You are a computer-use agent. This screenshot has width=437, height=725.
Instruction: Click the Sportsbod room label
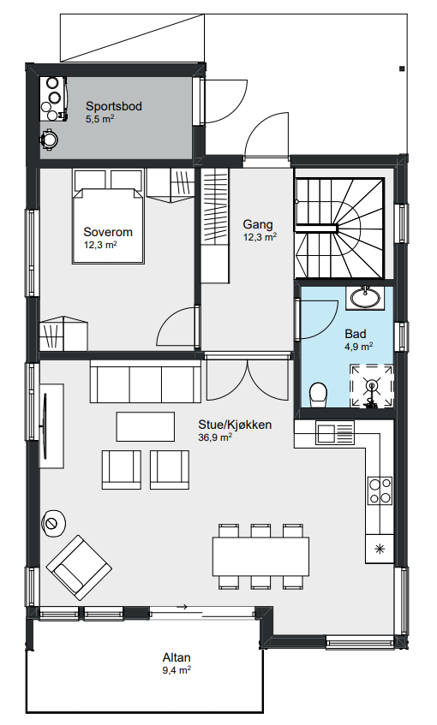pyautogui.click(x=113, y=106)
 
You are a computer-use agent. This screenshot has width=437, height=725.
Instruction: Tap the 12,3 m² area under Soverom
pyautogui.click(x=99, y=244)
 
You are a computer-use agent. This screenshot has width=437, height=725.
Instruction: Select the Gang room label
pyautogui.click(x=258, y=224)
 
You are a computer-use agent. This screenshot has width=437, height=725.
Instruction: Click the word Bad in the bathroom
pyautogui.click(x=356, y=334)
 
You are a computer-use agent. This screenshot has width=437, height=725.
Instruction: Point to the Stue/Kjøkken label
pyautogui.click(x=235, y=425)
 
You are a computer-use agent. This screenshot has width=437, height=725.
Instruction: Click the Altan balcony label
pyautogui.click(x=177, y=657)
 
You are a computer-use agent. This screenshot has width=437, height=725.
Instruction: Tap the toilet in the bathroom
pyautogui.click(x=318, y=394)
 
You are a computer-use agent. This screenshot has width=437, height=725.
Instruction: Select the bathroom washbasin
pyautogui.click(x=364, y=297)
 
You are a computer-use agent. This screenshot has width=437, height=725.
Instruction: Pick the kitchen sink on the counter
pyautogui.click(x=336, y=432)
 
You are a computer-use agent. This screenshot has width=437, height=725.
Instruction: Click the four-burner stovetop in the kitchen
pyautogui.click(x=380, y=490)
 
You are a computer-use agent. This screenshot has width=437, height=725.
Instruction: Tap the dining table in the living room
pyautogui.click(x=260, y=556)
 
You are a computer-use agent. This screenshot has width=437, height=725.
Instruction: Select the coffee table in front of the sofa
pyautogui.click(x=146, y=427)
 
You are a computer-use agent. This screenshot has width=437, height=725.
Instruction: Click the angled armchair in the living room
pyautogui.click(x=79, y=568)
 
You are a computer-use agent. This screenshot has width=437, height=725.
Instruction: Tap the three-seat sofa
pyautogui.click(x=146, y=382)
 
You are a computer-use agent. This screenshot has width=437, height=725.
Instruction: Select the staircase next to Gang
pyautogui.click(x=340, y=228)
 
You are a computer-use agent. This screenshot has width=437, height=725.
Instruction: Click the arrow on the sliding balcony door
pyautogui.click(x=182, y=607)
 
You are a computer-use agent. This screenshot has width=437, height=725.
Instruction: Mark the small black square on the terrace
pyautogui.click(x=401, y=68)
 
